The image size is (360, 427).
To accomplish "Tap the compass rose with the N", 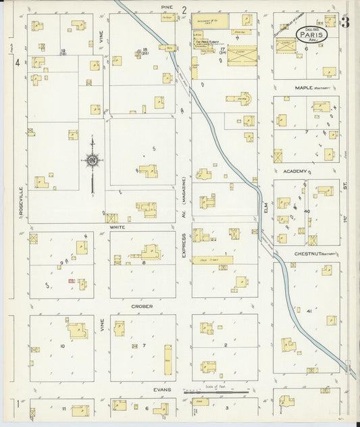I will click(x=92, y=160).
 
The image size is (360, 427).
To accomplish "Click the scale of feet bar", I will click(x=220, y=391).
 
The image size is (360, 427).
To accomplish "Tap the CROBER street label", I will click(x=143, y=306).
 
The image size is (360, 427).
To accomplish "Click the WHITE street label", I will click(x=118, y=228).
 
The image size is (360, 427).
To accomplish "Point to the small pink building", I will click(x=70, y=280).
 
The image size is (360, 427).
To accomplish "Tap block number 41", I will click(x=308, y=311).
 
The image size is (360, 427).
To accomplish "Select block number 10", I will click(x=62, y=346).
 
